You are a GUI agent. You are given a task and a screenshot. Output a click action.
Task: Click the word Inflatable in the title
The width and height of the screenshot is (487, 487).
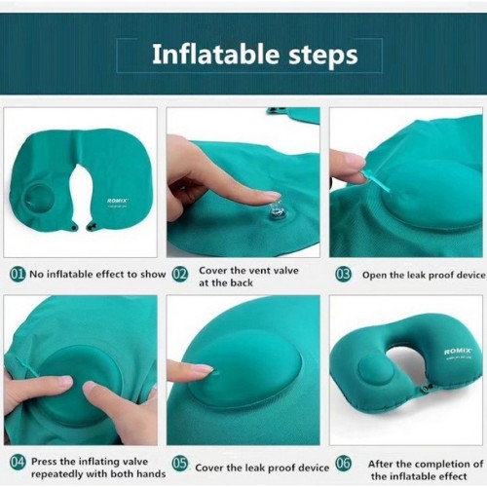[215, 54]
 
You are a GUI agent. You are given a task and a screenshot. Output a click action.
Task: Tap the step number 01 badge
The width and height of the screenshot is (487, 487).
[18, 275]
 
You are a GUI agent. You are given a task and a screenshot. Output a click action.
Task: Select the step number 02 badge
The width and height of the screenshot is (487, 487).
[179, 275]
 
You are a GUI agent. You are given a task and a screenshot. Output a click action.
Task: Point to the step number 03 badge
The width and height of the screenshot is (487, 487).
[344, 275]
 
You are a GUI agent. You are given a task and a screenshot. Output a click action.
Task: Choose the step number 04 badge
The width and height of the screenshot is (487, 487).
[18, 462]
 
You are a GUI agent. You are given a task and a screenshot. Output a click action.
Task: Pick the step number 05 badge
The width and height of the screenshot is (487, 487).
[180, 464]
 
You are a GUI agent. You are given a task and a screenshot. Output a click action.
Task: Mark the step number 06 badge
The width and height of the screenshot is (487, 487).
[344, 463]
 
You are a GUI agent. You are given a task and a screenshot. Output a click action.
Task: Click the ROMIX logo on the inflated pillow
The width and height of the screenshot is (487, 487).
[458, 352]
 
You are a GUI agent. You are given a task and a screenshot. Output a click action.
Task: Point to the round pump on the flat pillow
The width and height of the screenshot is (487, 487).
[39, 199]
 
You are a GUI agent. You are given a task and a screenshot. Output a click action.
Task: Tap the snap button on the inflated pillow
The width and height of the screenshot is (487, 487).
[426, 388]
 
